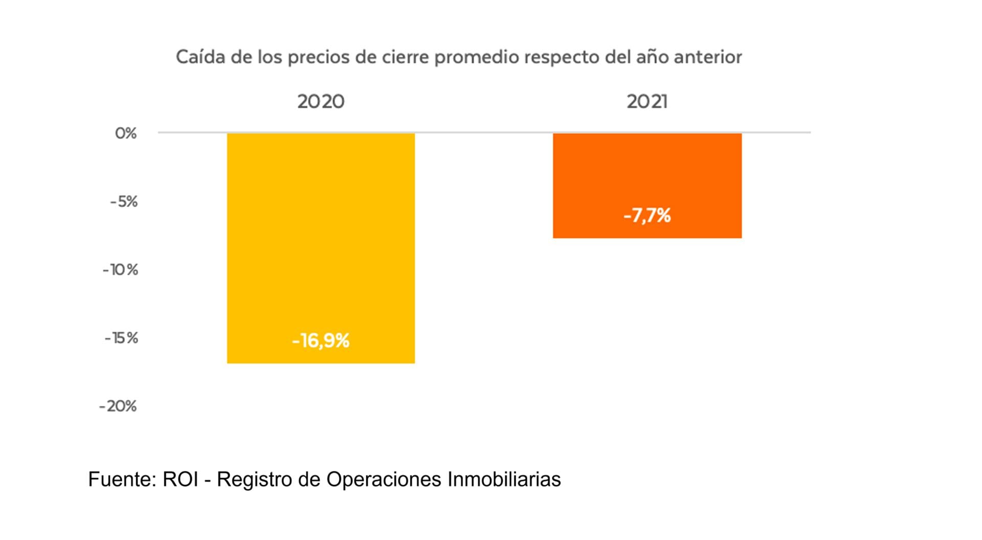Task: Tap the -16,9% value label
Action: (x=321, y=340)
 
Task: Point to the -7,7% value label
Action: (x=647, y=215)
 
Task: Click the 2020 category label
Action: (x=321, y=101)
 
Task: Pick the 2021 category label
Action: (x=647, y=101)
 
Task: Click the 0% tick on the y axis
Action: (x=126, y=134)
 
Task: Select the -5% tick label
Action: (x=124, y=202)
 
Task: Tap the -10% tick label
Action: (x=121, y=270)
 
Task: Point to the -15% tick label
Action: (x=121, y=338)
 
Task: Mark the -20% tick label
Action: (x=118, y=406)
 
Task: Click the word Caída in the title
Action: (x=200, y=56)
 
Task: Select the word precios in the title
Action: (x=319, y=57)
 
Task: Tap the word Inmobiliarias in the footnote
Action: (x=504, y=480)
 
